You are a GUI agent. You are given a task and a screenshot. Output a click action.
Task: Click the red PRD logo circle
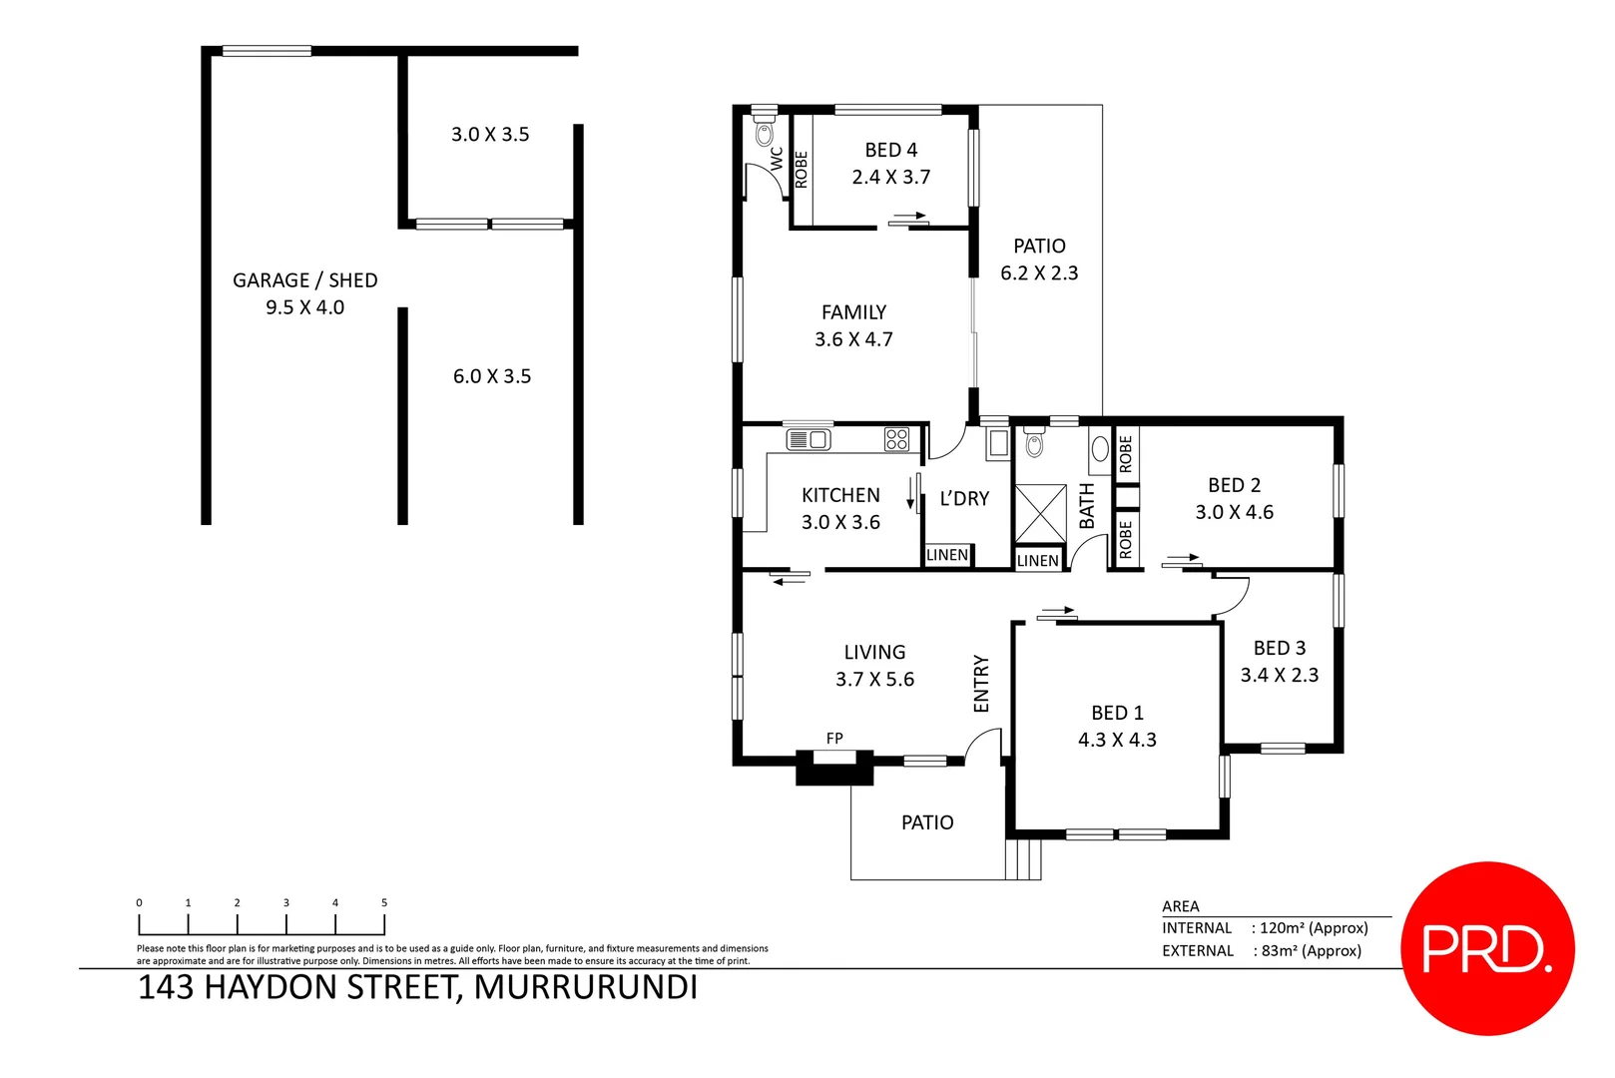[1487, 948]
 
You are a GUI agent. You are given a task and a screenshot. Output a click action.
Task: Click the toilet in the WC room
[765, 133]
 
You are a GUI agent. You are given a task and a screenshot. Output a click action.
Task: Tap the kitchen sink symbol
[807, 439]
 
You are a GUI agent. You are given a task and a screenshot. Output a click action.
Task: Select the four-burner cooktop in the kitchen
[896, 439]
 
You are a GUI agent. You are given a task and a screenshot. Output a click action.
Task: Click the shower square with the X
[1040, 514]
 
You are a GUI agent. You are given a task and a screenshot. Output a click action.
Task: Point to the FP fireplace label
[834, 739]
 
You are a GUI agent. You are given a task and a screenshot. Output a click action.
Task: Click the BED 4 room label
[890, 150]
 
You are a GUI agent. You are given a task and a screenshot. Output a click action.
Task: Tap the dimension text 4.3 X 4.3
[1117, 740]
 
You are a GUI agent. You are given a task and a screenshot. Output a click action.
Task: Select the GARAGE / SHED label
[304, 280]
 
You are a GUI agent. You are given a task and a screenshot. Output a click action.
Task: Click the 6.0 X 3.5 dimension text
[492, 376]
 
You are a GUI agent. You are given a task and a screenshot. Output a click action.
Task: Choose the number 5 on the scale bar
[384, 902]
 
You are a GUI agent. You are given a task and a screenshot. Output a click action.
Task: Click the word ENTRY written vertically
[981, 684]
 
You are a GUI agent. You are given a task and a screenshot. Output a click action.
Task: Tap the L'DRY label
[964, 498]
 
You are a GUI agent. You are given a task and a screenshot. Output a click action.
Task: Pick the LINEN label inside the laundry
[946, 555]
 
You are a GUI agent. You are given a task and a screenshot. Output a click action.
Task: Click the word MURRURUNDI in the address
[585, 987]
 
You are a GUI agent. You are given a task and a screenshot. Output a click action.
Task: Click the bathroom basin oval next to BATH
[1099, 449]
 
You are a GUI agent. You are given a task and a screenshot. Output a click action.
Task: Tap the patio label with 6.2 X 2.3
[1039, 260]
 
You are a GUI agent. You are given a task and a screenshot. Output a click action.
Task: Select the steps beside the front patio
[1023, 859]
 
